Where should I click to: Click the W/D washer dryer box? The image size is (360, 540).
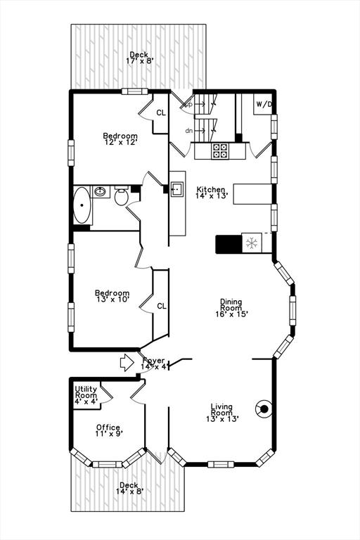click(263, 104)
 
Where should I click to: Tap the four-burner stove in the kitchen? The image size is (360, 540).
click(220, 151)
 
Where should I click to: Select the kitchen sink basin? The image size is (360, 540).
click(177, 189)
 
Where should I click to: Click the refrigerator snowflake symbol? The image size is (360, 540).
click(252, 243)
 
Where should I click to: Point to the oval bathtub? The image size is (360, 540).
click(82, 205)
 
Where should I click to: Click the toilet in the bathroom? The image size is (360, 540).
click(121, 196)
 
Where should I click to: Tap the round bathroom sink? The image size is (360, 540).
click(101, 191)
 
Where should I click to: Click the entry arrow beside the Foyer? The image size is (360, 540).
click(127, 363)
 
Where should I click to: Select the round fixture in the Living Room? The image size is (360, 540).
click(264, 409)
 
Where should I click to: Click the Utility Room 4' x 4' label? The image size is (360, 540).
click(86, 395)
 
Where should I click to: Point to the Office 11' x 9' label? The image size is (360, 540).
click(109, 430)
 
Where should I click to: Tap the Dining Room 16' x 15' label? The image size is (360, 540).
click(231, 308)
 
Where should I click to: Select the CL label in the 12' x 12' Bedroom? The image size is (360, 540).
click(161, 113)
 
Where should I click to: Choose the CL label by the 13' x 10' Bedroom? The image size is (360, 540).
click(162, 306)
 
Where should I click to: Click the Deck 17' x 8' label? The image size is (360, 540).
click(139, 58)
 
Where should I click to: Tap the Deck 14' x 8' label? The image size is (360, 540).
click(129, 488)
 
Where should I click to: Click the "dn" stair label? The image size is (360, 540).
click(188, 131)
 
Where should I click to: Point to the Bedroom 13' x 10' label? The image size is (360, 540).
click(112, 296)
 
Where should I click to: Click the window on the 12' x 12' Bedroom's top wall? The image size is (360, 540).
click(135, 91)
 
